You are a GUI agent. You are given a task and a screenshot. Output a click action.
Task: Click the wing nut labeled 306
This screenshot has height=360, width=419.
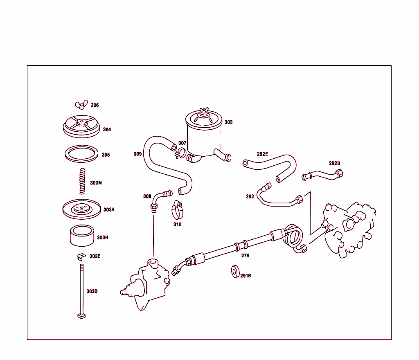[x=81, y=104]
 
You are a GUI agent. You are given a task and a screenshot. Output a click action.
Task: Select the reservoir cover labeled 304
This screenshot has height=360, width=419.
[x=81, y=126]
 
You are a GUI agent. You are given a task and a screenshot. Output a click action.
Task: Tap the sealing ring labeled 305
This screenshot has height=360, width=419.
[x=81, y=154]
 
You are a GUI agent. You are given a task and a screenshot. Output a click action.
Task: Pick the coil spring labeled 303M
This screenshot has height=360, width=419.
[x=82, y=181]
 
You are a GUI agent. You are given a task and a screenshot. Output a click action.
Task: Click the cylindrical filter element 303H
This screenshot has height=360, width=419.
[x=82, y=236]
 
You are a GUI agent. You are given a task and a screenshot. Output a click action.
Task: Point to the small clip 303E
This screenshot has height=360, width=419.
[x=81, y=257]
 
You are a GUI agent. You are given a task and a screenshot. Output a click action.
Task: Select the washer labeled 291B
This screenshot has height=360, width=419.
[x=235, y=272]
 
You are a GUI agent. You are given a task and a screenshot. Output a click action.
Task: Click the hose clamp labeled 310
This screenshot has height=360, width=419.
[x=178, y=210]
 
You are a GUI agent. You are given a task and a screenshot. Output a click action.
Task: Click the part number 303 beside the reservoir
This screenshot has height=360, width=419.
[x=228, y=122]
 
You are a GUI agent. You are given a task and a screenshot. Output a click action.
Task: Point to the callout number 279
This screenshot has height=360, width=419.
[x=246, y=256]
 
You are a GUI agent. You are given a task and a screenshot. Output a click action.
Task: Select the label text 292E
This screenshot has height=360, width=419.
[x=262, y=154]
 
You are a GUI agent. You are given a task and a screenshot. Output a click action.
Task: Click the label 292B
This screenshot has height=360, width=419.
[x=335, y=163]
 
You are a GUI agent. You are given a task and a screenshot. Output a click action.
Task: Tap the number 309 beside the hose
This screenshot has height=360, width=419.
[x=137, y=154]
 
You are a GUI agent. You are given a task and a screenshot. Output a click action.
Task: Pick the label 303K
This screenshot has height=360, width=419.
[x=109, y=209]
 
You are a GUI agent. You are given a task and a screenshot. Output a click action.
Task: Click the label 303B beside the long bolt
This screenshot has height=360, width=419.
[x=92, y=291]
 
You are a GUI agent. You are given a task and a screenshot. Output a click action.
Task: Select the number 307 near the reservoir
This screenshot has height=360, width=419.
[x=182, y=143]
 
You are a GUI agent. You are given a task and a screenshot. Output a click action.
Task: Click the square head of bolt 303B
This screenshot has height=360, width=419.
[x=81, y=316]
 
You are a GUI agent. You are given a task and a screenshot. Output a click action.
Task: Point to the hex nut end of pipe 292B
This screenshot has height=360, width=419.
[x=339, y=173]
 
